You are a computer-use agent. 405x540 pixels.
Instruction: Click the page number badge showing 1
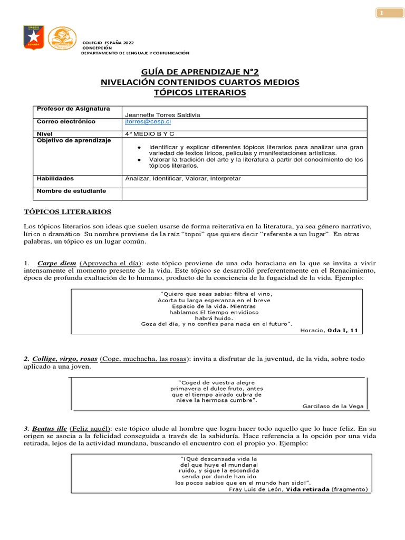(390, 13)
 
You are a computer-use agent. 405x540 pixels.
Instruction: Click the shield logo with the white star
(34, 37)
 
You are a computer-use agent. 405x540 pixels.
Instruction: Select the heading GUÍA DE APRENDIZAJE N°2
(199, 72)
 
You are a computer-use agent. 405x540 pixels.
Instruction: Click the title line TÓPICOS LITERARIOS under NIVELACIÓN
(199, 92)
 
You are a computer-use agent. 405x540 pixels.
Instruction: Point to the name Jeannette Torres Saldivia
(162, 114)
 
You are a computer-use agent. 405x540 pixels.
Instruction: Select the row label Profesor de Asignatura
(73, 109)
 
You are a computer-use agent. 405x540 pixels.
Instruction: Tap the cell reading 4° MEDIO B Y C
(149, 134)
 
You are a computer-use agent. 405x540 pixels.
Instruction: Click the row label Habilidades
(55, 178)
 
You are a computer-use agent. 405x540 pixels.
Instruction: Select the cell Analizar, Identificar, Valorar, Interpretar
(182, 178)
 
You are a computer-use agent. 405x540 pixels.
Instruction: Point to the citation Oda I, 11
(343, 330)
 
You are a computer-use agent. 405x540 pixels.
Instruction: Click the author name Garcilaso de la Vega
(333, 406)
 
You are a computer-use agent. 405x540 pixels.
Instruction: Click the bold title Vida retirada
(307, 489)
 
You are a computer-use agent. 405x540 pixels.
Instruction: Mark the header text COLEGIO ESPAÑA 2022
(108, 42)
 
